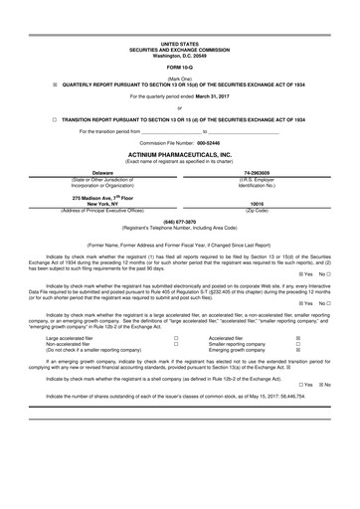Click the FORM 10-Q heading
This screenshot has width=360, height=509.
point(180,67)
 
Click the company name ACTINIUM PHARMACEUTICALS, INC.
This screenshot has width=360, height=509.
point(180,155)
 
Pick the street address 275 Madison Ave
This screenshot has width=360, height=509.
point(81,196)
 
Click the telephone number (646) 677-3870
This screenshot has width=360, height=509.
point(180,221)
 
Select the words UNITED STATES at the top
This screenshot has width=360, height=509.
point(180,44)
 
